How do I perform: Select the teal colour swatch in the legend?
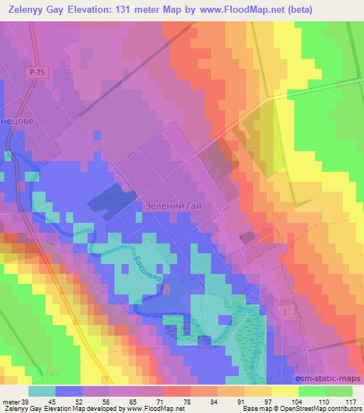pos(43,390)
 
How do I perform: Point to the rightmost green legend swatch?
pos(338,390)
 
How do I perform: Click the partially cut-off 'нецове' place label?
pos(17,121)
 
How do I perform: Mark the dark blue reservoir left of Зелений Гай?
pos(112,200)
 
